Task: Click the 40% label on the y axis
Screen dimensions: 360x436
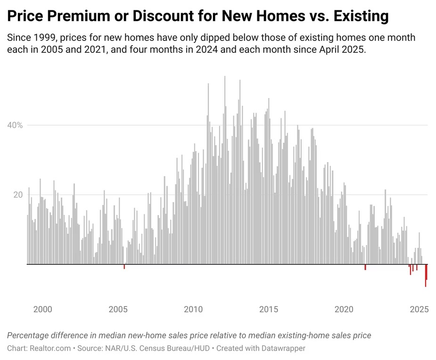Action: [x=15, y=125]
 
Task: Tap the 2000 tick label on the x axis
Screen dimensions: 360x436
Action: [x=42, y=310]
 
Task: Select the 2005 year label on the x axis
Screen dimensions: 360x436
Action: [x=118, y=310]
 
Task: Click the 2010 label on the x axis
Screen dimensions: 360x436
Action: [x=193, y=310]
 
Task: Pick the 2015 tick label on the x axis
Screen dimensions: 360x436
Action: [x=269, y=310]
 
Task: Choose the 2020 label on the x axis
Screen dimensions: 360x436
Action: [x=344, y=310]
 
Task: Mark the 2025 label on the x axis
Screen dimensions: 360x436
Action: [x=419, y=310]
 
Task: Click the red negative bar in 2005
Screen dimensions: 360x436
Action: [x=124, y=267]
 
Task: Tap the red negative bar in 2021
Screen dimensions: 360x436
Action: [x=365, y=267]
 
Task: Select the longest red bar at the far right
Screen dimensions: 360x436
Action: [x=426, y=276]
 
